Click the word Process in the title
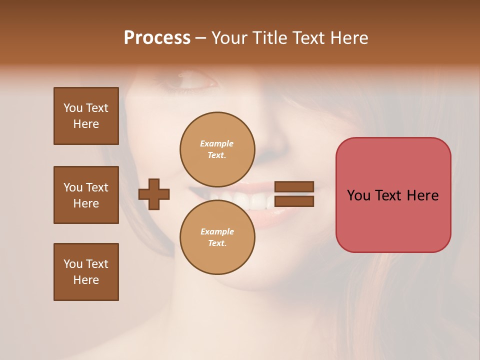[157, 38]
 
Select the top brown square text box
[86, 116]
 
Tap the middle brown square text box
[86, 195]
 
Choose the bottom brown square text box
[86, 272]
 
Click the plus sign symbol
[154, 194]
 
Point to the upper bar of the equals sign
[294, 187]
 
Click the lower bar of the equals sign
[294, 201]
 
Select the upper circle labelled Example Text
[217, 149]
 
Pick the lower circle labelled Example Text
[217, 237]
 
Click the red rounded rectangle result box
[393, 220]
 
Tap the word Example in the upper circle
[216, 143]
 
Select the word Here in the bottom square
[86, 280]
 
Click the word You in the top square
[73, 108]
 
